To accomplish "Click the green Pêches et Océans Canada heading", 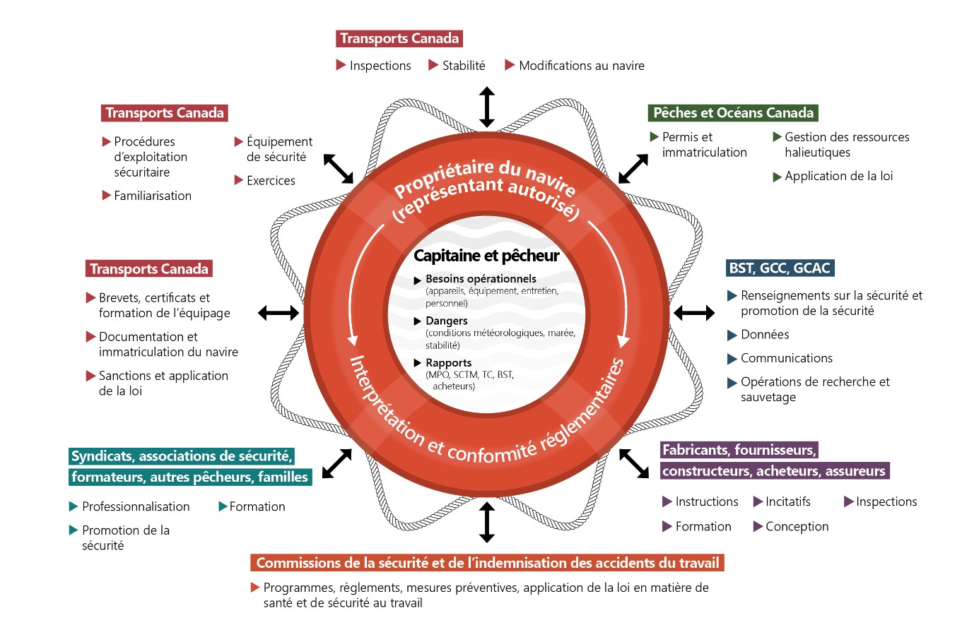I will (x=733, y=113).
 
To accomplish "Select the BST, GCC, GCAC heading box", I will (x=780, y=268).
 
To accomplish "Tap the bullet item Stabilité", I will (x=463, y=66).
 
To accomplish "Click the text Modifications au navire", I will (x=581, y=66).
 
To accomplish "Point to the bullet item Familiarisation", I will (x=152, y=196).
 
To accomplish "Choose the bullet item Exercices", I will (x=271, y=181).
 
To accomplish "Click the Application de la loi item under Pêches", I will (x=838, y=176).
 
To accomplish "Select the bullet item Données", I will (x=764, y=335).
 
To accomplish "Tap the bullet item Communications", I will (x=786, y=358).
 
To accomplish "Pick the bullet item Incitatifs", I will (x=787, y=502).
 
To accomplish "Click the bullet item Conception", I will (x=797, y=527).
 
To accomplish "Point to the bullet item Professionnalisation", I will (x=136, y=507).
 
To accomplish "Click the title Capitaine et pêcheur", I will (x=486, y=256).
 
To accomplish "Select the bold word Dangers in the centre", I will (x=446, y=321).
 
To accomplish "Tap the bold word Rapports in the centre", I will (x=448, y=363).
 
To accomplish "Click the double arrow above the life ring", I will (x=486, y=107).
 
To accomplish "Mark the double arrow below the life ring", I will (x=486, y=522).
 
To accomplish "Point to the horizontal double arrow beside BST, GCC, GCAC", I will (x=693, y=312).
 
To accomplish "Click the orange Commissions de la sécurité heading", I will (x=487, y=563).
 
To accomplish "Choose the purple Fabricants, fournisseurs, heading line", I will (x=739, y=450).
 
